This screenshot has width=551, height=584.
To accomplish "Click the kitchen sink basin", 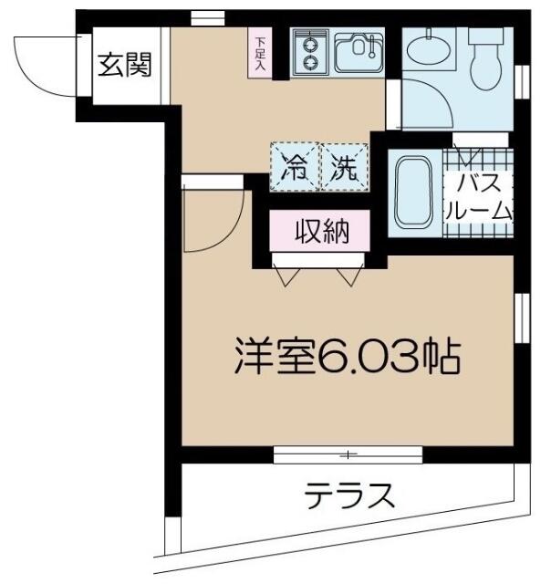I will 358,51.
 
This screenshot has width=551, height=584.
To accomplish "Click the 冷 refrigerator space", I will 295,167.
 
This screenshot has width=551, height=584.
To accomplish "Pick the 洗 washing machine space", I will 345,167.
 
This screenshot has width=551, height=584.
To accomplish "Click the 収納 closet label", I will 320,232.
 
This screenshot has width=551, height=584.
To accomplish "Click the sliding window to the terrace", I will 348,454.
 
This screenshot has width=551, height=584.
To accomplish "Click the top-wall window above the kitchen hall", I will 208,16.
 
